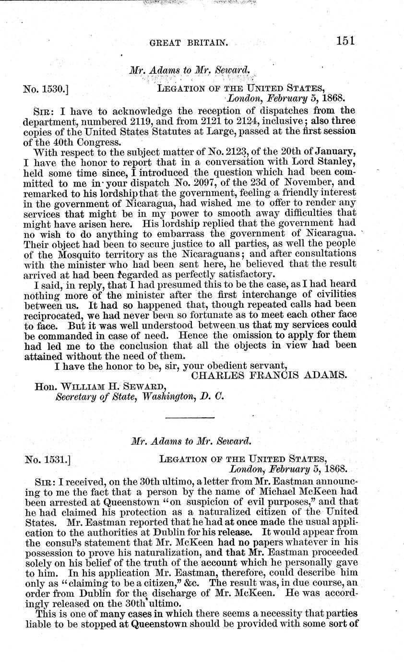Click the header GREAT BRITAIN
[x=188, y=42]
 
